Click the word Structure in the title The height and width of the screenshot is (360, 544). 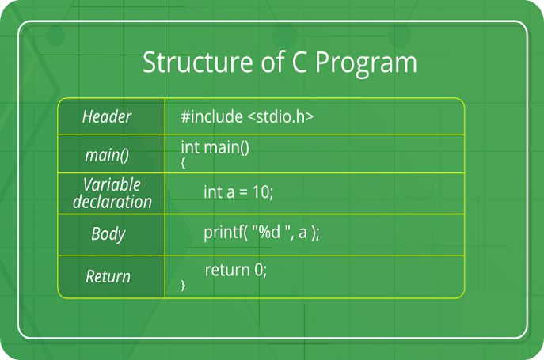click(197, 62)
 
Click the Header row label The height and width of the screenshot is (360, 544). click(107, 116)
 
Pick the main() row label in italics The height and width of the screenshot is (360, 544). click(107, 155)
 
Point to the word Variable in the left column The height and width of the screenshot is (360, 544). click(112, 184)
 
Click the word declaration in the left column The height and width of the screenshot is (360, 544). click(112, 202)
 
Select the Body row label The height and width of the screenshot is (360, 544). click(108, 234)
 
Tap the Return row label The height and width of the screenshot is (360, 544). click(108, 276)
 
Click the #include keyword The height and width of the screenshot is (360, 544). click(211, 116)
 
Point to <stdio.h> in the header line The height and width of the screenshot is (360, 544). click(280, 116)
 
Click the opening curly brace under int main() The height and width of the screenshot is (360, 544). click(183, 163)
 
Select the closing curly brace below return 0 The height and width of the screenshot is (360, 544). click(183, 285)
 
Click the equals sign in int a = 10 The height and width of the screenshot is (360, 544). click(244, 192)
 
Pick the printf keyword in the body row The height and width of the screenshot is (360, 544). click(224, 233)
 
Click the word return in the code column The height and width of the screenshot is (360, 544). click(227, 270)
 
